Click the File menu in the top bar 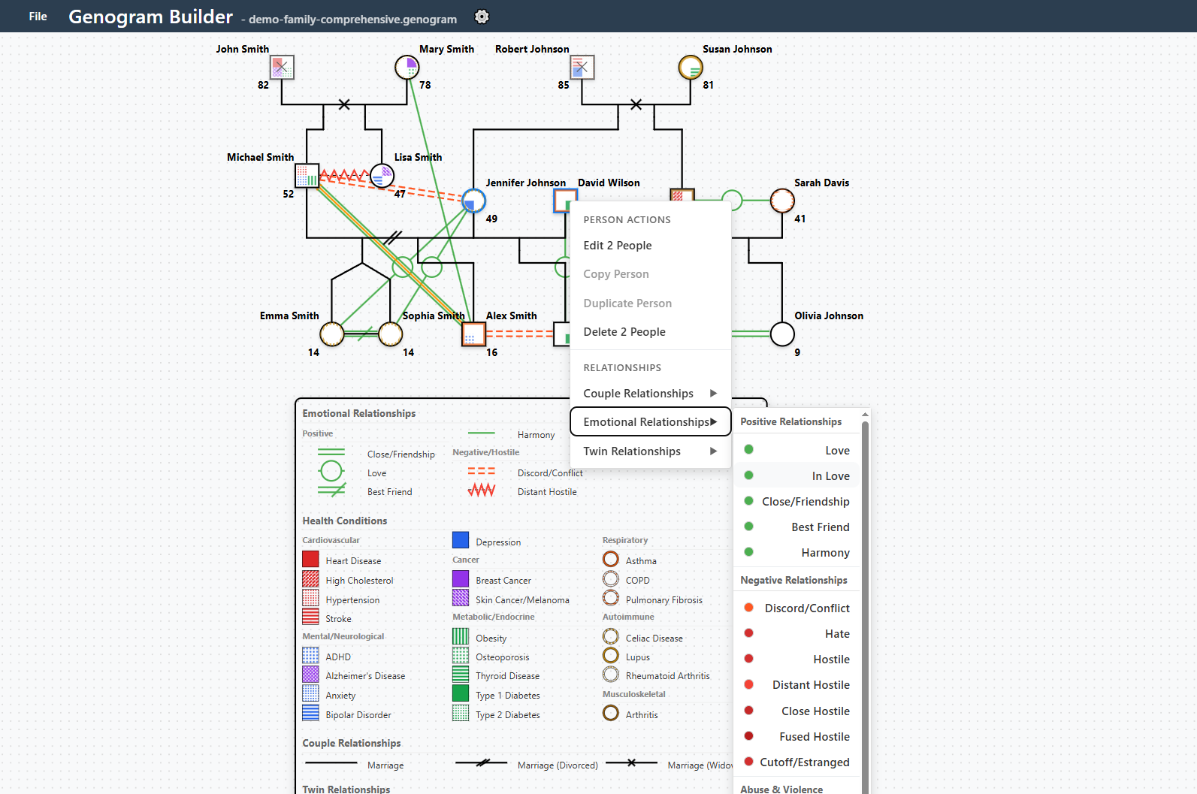tap(38, 17)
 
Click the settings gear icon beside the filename tap(482, 17)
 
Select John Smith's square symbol tap(282, 68)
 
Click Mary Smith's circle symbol tap(407, 68)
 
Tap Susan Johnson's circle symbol tap(691, 68)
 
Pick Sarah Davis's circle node tap(782, 201)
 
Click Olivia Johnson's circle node tap(782, 334)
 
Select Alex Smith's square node tap(473, 334)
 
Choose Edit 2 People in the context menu tap(618, 246)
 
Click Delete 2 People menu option tap(624, 332)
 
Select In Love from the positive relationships tap(830, 476)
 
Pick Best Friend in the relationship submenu tap(820, 527)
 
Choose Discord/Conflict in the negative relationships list tap(807, 608)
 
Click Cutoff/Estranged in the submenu tap(804, 762)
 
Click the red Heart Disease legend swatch tap(310, 560)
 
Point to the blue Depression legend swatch tap(461, 540)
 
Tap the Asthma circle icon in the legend tap(611, 560)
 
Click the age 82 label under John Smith tap(263, 86)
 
